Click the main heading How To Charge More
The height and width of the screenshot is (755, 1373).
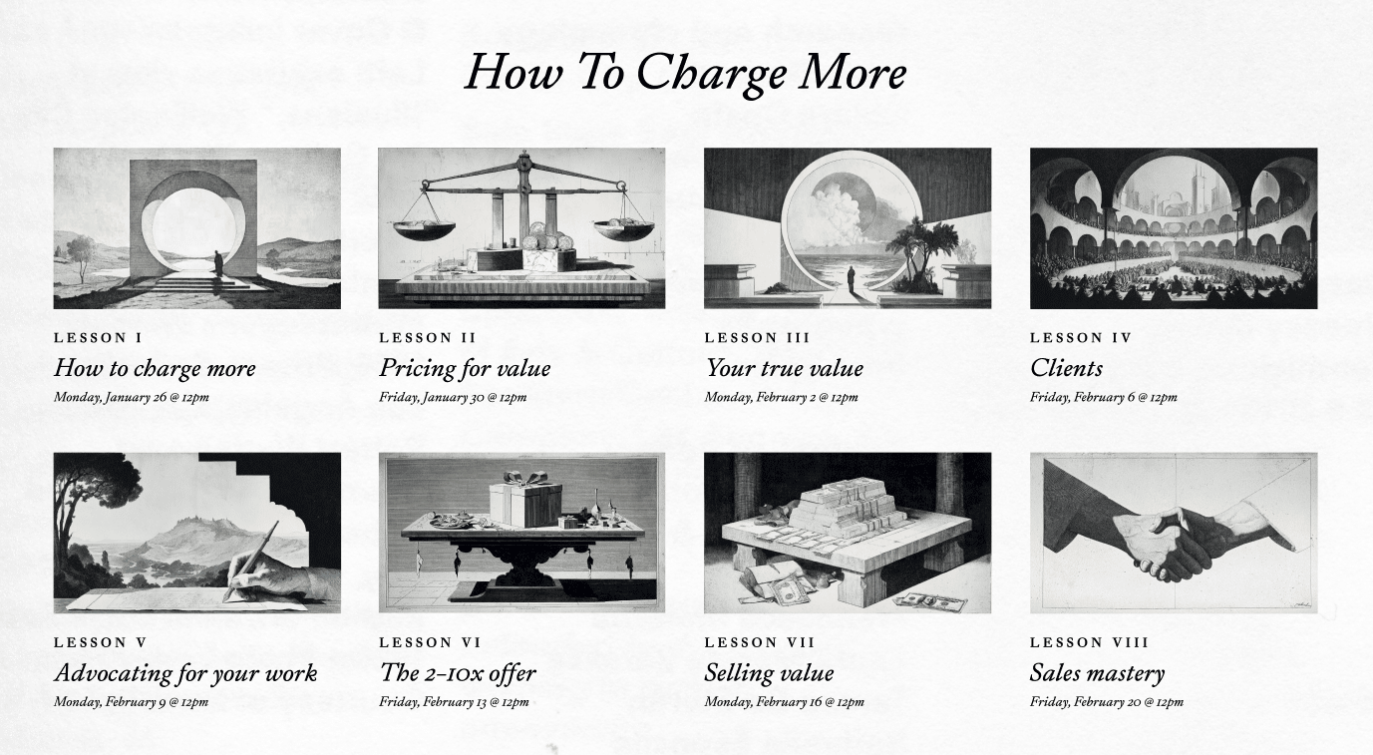[x=685, y=73]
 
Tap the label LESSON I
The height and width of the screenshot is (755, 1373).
[x=98, y=337]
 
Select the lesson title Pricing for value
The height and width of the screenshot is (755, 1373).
[x=465, y=368]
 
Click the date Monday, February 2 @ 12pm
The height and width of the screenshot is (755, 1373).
[x=781, y=397]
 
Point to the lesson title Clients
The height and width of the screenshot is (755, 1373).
[x=1066, y=368]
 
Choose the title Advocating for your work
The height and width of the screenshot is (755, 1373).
[x=185, y=673]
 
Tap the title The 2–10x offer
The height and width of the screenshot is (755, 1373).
[x=458, y=673]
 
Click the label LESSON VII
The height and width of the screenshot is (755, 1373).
[x=760, y=642]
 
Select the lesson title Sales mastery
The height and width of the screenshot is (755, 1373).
[x=1097, y=673]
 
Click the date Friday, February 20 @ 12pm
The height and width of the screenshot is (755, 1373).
[x=1107, y=701]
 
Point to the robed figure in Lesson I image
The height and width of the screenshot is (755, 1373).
[x=218, y=265]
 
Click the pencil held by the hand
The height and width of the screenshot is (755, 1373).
[x=252, y=560]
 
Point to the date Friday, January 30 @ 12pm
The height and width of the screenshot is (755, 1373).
[x=453, y=397]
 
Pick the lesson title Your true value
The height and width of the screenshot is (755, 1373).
[x=784, y=368]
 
